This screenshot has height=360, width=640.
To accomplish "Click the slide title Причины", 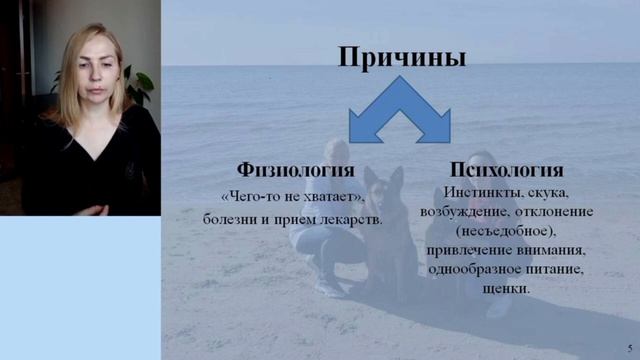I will click(x=401, y=58).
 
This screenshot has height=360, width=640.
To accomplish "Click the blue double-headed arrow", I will click(x=400, y=112).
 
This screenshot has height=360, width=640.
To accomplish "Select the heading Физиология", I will click(x=295, y=169).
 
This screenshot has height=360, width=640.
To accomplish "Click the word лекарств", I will click(x=349, y=217).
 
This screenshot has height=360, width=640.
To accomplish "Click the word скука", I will click(x=549, y=192).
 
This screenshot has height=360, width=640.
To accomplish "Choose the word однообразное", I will click(x=475, y=269).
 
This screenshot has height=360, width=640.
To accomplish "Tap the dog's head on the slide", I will click(x=381, y=186).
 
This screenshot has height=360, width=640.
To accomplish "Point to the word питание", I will click(x=556, y=269).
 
